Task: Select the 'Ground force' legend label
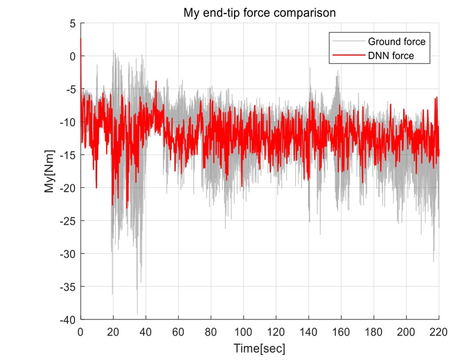pos(396,42)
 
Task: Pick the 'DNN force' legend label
pos(391,56)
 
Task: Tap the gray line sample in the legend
pos(348,42)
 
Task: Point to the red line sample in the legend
pos(348,56)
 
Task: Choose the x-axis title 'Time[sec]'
pos(260,346)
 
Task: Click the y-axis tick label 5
pos(72,24)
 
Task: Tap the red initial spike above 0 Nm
pos(81,40)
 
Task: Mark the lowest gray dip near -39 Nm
pos(138,312)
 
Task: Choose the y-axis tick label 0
pos(72,57)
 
